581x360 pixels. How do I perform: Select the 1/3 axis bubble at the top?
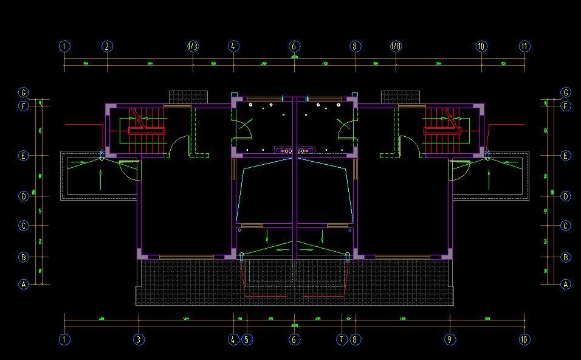[193, 46]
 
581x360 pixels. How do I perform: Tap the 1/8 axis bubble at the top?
[395, 46]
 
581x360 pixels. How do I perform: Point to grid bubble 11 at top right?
[524, 46]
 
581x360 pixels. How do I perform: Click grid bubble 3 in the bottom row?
[139, 339]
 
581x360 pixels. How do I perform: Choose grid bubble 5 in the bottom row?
[246, 339]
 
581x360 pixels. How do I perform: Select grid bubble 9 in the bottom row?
[450, 339]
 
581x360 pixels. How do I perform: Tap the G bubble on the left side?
[24, 93]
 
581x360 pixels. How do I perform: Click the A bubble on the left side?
[24, 284]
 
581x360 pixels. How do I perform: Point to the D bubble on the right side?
[566, 196]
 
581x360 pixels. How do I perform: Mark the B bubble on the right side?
[566, 257]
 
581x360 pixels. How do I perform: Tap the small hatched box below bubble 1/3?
[188, 97]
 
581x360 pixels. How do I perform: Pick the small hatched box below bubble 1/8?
[401, 97]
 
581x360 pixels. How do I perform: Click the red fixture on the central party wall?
[295, 150]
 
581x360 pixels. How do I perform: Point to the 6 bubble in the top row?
[295, 46]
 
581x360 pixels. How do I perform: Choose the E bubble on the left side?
[24, 156]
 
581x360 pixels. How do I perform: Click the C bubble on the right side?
[566, 226]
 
